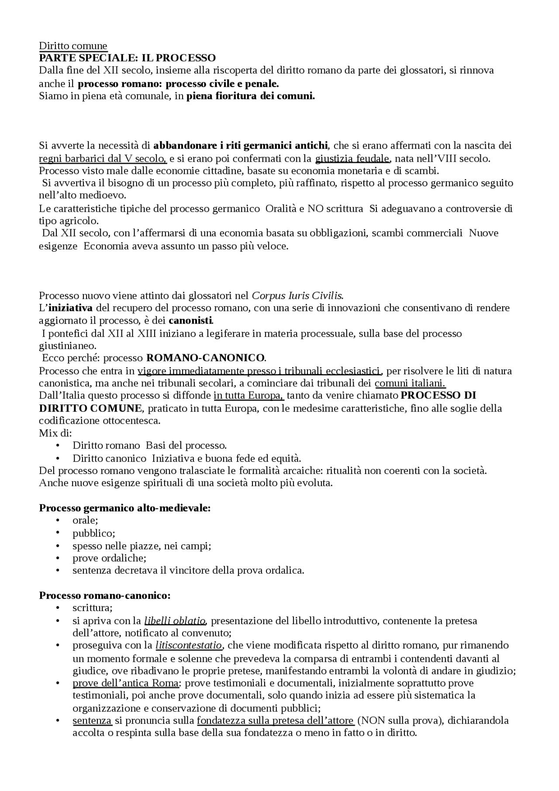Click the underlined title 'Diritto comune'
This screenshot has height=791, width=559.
coord(73,46)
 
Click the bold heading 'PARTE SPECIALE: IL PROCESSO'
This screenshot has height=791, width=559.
coord(127,58)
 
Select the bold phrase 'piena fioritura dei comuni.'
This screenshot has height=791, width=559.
coord(250,97)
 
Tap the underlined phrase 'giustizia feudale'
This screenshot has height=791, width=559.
coord(352,158)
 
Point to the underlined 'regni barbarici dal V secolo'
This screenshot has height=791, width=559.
coord(103,158)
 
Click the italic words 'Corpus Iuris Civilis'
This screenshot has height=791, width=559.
coord(297,295)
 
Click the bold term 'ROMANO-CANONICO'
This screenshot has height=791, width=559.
coord(205,358)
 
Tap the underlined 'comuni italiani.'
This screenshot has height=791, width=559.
coord(410,383)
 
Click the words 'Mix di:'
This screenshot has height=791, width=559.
coord(55,433)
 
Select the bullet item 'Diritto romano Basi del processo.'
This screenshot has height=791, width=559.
coord(149,446)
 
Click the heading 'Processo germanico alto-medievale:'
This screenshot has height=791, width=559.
coord(125,508)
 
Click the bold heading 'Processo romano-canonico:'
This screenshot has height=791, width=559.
coord(105,596)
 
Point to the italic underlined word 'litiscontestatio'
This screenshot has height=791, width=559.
coord(189,645)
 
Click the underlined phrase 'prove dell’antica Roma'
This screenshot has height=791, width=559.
coord(126,683)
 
